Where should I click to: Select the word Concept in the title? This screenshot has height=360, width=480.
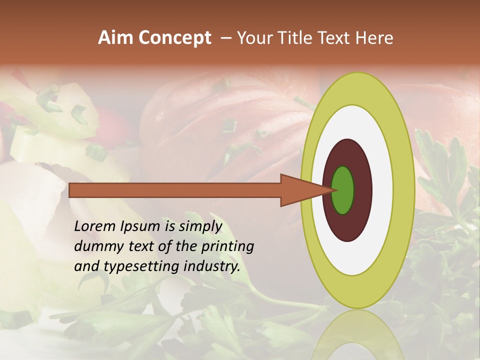(x=175, y=38)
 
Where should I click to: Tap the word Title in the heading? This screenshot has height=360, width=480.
(x=302, y=38)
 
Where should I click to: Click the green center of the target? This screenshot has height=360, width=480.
(x=343, y=190)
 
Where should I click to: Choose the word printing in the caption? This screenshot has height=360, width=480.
(x=227, y=246)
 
